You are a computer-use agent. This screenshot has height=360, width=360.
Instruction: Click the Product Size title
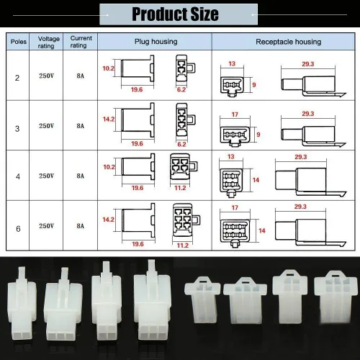coord(175,14)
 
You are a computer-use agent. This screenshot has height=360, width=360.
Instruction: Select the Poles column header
coord(19,42)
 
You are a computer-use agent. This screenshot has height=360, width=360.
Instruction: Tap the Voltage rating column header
coord(48,42)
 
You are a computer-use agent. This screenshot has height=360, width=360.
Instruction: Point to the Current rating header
coord(81,42)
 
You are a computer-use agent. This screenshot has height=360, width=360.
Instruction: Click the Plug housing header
coord(156,42)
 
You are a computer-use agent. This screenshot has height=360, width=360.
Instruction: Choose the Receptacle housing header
coord(289,42)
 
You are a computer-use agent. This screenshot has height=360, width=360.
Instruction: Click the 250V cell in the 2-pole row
coord(46,76)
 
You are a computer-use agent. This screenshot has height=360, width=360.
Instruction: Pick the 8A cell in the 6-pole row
coord(81,226)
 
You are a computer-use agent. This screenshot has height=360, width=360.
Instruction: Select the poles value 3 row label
coord(17,129)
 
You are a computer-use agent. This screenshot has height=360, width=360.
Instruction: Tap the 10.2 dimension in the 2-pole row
coord(109,68)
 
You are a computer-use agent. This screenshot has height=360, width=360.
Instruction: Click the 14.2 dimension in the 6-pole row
coord(109,220)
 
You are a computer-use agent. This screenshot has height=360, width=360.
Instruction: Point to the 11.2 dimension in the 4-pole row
coord(180,188)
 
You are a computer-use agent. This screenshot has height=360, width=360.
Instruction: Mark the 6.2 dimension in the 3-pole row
coord(181,144)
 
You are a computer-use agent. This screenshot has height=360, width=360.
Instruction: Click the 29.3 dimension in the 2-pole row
coord(308,64)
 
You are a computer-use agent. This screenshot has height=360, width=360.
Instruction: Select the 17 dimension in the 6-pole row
coord(235,207)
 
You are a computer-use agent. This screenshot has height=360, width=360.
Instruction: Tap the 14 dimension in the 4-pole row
coord(256,180)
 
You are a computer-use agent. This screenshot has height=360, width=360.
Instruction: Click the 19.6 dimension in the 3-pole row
coord(137,143)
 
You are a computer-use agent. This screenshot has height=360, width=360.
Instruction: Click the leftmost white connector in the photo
coord(22,303)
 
